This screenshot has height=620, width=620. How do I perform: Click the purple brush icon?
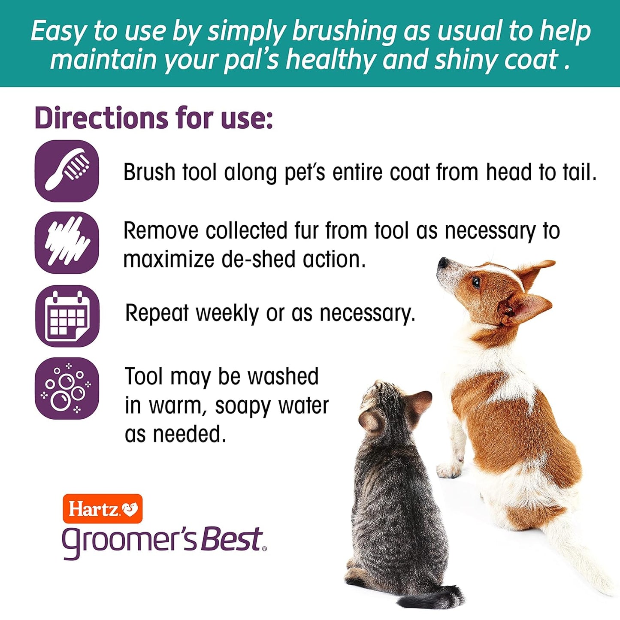pyautogui.click(x=67, y=171)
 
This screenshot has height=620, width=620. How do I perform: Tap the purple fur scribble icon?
pyautogui.click(x=67, y=243)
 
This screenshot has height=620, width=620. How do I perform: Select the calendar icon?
pyautogui.click(x=67, y=316)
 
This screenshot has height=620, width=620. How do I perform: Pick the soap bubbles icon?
pyautogui.click(x=67, y=388)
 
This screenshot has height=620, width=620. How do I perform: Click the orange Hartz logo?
pyautogui.click(x=103, y=509)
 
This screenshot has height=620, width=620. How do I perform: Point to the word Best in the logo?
pyautogui.click(x=232, y=540)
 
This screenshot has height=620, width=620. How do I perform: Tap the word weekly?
pyautogui.click(x=227, y=313)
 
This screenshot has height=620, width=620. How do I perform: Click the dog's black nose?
pyautogui.click(x=442, y=262)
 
